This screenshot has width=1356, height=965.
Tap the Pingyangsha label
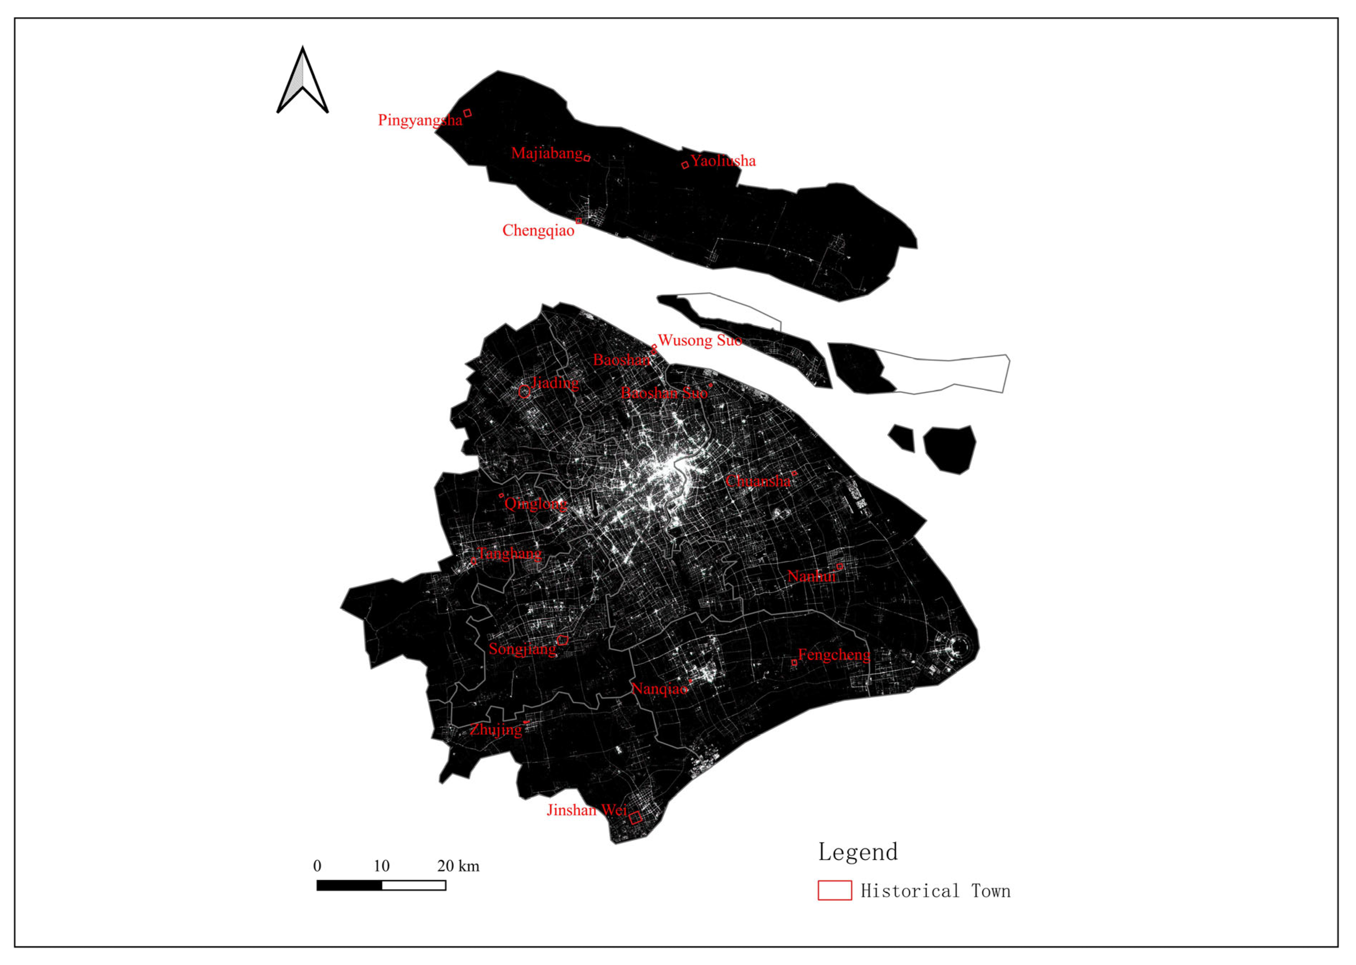point(420,120)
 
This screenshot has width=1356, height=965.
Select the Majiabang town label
point(547,153)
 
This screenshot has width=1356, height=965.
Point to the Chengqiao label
point(538,230)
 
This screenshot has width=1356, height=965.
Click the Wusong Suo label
point(700,340)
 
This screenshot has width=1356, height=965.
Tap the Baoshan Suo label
point(664,393)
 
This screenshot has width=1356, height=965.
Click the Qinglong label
point(535,504)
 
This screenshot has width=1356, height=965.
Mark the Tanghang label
point(509,554)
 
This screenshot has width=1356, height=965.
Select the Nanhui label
point(811,576)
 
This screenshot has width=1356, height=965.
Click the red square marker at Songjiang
point(562,640)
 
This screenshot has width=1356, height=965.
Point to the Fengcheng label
point(834,655)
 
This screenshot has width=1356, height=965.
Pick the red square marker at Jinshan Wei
point(635,818)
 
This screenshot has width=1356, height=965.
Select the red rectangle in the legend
point(834,890)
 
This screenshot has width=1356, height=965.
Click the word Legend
point(858,852)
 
